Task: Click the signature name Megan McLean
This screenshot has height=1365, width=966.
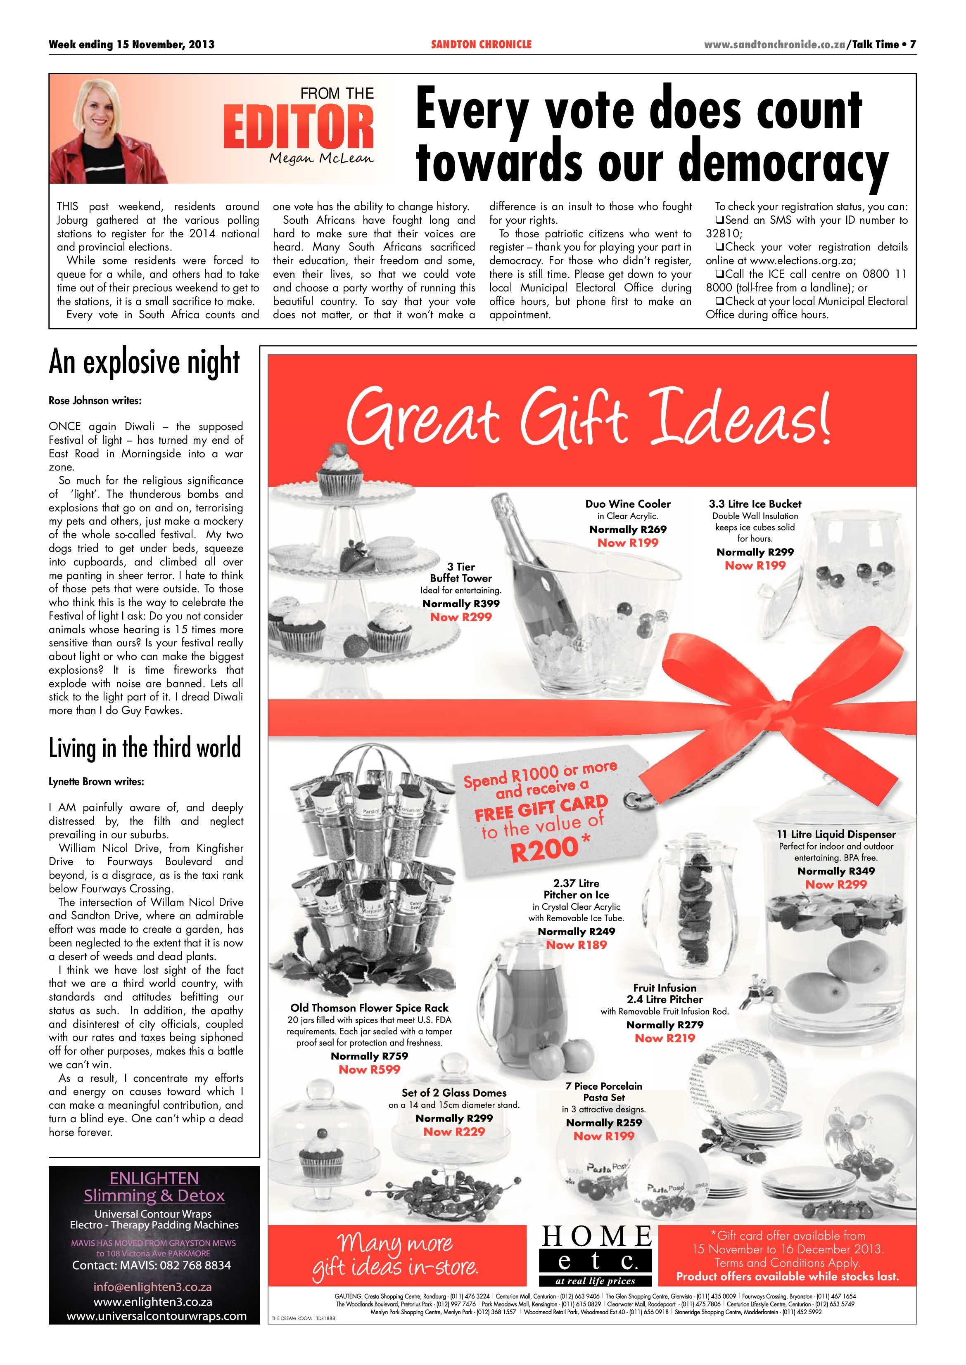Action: (321, 158)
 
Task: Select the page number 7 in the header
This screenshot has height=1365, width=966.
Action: (912, 45)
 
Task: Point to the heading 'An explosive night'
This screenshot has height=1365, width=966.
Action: (145, 363)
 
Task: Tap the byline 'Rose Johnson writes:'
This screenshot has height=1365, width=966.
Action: (95, 401)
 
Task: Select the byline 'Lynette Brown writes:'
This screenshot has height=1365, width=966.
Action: (96, 782)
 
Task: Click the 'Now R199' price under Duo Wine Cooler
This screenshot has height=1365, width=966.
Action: (627, 543)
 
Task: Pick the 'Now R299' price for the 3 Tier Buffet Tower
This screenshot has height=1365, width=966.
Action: (461, 617)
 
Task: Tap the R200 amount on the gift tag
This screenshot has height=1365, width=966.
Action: (544, 848)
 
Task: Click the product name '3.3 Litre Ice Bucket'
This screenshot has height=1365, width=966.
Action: (755, 504)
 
